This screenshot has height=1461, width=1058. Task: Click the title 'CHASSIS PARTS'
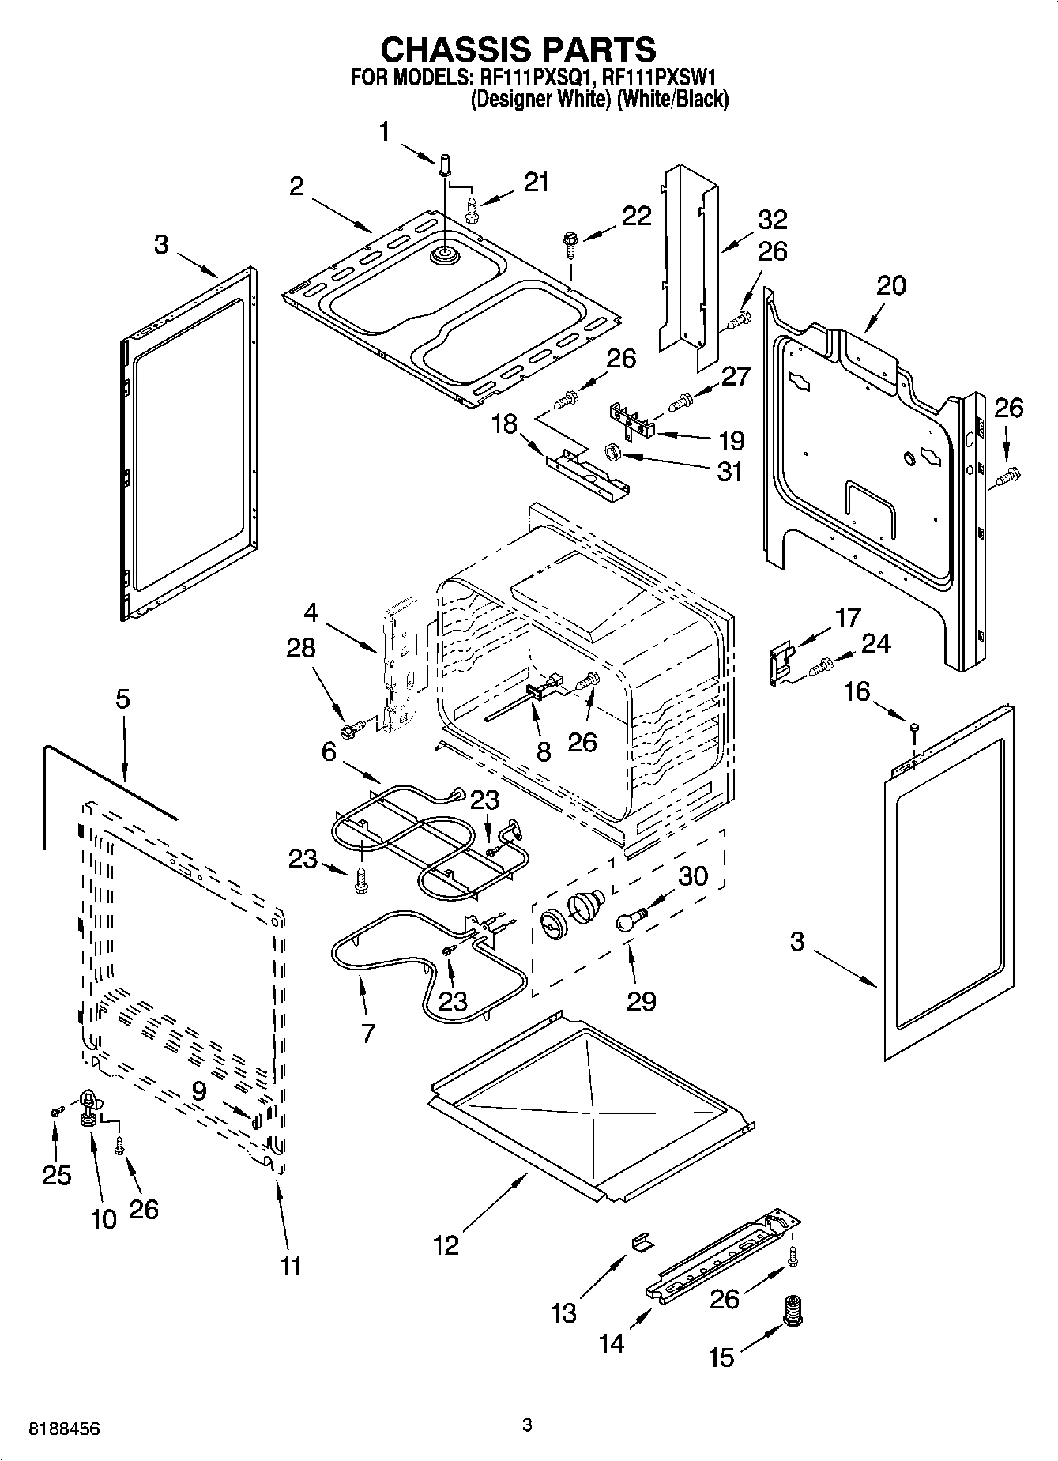[x=518, y=50]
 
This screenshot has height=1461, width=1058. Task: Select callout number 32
[x=772, y=219]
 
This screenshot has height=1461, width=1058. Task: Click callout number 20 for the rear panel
[x=890, y=285]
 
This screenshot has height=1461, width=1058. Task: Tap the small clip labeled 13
[x=642, y=1242]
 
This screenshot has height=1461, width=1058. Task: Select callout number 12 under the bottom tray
[x=446, y=1245]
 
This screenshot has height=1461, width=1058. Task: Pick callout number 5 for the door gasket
[x=122, y=700]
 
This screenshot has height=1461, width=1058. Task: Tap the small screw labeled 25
[x=55, y=1112]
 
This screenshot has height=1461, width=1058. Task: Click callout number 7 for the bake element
[x=368, y=1033]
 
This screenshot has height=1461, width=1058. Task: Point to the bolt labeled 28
[x=352, y=723]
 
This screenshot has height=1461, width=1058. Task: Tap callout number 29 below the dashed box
[x=641, y=1001]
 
